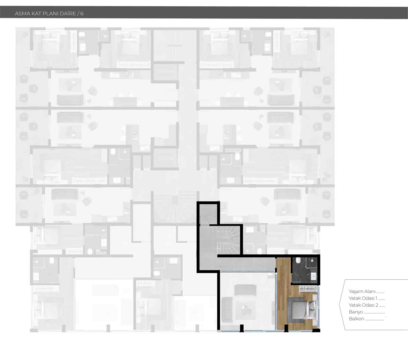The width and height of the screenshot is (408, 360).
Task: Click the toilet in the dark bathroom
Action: (x=298, y=261)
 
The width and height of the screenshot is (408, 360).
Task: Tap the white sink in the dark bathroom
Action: (x=314, y=276)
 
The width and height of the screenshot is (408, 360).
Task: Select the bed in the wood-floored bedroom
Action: (x=302, y=311)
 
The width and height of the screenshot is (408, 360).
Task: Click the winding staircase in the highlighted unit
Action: (x=229, y=240)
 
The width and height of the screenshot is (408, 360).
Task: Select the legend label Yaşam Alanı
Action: (x=362, y=291)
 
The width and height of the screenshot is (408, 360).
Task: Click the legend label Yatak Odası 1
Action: (x=363, y=298)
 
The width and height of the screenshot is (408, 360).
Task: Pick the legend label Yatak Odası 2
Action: (x=363, y=305)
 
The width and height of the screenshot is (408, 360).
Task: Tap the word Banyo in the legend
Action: (x=356, y=312)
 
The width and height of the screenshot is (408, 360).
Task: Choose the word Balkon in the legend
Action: (x=356, y=319)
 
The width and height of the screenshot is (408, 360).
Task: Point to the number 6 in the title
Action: (x=82, y=13)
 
